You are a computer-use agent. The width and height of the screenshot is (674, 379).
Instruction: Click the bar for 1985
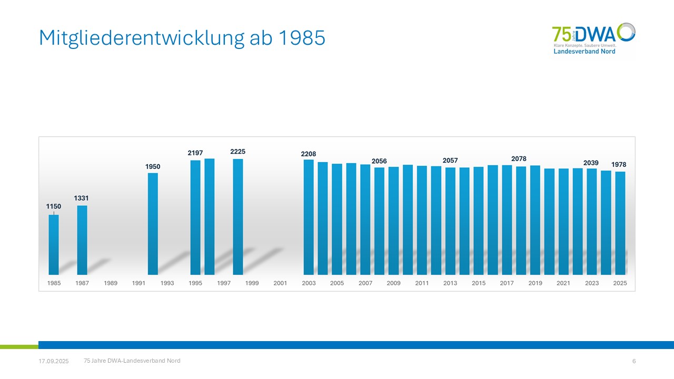coord(54,245)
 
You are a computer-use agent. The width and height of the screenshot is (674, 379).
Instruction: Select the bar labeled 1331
coord(82,240)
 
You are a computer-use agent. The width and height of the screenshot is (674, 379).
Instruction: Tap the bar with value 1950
coord(153,224)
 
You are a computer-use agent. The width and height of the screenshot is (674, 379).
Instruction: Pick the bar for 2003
coord(309,217)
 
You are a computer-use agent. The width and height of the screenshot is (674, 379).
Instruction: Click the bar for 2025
coord(620,223)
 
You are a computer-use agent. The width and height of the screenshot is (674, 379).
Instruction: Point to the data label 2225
coord(237,152)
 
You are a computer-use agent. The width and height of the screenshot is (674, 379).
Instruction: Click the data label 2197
coord(195,153)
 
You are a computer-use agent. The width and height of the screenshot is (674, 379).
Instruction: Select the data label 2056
coord(379,161)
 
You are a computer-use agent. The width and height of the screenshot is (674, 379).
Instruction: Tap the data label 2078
coord(519,158)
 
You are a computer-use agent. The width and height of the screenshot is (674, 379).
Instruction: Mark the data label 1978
coord(619,165)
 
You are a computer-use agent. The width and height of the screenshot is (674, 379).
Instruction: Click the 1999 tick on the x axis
coord(252,283)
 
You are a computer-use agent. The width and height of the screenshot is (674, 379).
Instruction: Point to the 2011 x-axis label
coord(422,283)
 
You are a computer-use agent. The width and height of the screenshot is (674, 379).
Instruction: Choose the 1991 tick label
coord(139,283)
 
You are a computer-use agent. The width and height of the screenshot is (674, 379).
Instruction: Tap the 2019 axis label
coord(535,283)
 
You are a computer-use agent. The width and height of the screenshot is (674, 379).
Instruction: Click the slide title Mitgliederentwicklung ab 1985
coord(182,37)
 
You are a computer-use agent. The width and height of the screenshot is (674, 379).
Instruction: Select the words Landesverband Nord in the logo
coord(584,52)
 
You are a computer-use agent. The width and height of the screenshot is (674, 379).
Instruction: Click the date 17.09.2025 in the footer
coord(54,361)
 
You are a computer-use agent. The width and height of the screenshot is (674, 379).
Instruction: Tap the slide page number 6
coord(634,361)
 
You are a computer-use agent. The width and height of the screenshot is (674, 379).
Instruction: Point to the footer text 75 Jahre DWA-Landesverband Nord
coord(132,361)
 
